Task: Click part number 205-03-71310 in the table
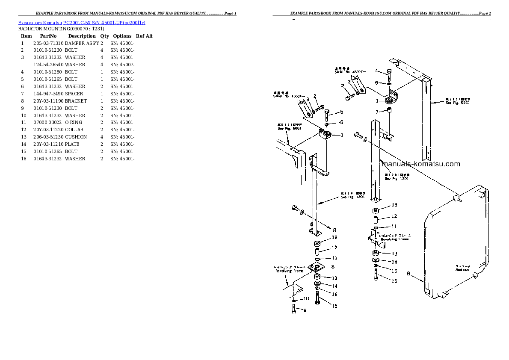click(48, 43)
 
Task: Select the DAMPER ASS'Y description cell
click(82, 43)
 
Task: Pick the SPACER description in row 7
click(74, 94)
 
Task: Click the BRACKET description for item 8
click(76, 101)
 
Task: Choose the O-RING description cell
click(74, 122)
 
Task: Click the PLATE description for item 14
click(72, 144)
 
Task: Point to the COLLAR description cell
click(74, 130)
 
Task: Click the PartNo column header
click(48, 36)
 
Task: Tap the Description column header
click(82, 36)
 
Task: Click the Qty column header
click(105, 36)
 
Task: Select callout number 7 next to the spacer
click(377, 112)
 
